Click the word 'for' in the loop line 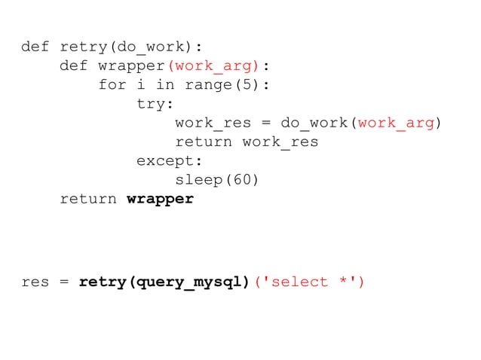(x=112, y=85)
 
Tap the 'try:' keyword (x=155, y=104)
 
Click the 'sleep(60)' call (x=217, y=179)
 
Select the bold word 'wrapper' (x=160, y=199)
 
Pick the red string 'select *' (x=309, y=282)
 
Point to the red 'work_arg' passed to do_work (x=396, y=123)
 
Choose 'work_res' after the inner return (x=280, y=142)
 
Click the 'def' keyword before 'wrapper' (x=74, y=66)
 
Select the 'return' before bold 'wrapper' (x=88, y=199)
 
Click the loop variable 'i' (x=141, y=85)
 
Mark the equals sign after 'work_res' (x=260, y=123)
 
